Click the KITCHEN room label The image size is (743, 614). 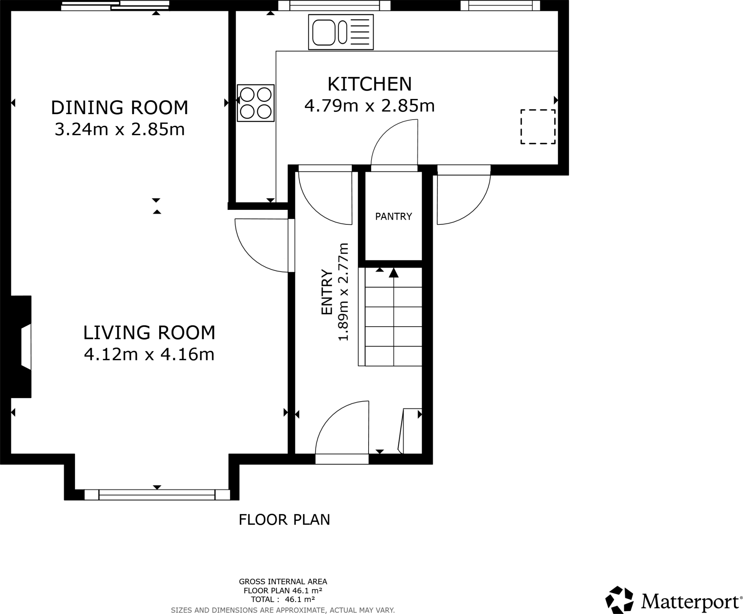[369, 84]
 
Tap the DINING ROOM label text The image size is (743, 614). [119, 108]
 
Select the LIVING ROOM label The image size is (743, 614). [149, 333]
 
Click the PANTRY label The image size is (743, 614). [393, 217]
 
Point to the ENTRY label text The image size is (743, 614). [327, 292]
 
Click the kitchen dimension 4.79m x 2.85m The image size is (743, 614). [369, 106]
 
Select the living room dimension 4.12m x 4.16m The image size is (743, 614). [149, 354]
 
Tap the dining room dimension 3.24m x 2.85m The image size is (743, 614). [119, 129]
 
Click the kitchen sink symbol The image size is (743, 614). [341, 32]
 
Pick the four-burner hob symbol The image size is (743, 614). [255, 103]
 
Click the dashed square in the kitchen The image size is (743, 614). [538, 126]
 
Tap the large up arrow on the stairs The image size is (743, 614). [394, 273]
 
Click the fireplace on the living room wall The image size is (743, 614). [22, 347]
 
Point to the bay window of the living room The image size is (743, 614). [157, 495]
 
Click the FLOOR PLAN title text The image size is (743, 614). [284, 520]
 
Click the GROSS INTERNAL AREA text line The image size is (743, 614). [283, 582]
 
